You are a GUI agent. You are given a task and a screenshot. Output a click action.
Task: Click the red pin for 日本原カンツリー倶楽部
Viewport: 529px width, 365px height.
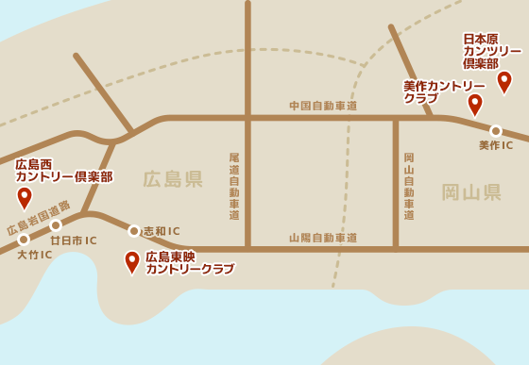504,81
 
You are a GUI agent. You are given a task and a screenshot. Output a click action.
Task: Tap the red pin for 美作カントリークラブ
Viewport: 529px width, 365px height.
475,104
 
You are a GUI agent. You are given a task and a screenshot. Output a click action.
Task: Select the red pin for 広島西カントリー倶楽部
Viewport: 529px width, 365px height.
25,197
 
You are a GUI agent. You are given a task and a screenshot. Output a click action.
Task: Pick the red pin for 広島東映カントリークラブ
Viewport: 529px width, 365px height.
132,261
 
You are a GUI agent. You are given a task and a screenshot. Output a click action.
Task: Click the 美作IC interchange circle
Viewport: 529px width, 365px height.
496,131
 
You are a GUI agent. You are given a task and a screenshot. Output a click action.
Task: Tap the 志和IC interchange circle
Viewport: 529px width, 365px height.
134,231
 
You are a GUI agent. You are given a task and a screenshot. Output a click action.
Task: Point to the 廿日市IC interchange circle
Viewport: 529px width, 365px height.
56,225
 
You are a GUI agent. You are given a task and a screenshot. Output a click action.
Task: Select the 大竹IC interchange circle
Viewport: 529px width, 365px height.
24,240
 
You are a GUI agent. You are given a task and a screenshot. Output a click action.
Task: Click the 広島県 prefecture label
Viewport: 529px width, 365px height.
173,179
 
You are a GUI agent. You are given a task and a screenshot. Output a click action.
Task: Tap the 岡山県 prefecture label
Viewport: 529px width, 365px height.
471,192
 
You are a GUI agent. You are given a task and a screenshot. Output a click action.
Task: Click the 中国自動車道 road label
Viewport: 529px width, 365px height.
323,106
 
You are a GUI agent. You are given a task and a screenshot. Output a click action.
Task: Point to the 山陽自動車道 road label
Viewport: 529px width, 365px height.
323,238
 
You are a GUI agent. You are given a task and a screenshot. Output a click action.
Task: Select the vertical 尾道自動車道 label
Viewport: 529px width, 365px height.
234,186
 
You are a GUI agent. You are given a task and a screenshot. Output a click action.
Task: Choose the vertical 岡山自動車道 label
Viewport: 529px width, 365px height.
409,186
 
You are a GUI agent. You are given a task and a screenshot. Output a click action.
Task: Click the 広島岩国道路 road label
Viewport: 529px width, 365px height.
39,217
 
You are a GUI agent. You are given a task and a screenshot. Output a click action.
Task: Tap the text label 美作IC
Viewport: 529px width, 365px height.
496,145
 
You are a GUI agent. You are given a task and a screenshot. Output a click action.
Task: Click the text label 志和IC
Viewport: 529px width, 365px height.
161,231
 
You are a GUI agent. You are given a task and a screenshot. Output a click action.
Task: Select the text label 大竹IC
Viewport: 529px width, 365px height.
34,255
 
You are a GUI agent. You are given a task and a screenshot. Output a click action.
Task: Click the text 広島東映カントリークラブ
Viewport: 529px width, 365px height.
189,262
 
